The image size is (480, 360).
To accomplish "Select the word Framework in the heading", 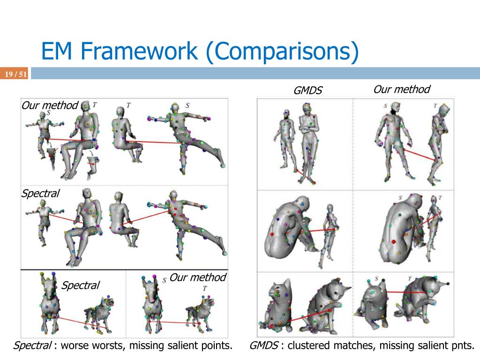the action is pyautogui.click(x=138, y=52).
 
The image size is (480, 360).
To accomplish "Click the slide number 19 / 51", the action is pyautogui.click(x=16, y=74).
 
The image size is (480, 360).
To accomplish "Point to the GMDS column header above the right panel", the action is pyautogui.click(x=308, y=90).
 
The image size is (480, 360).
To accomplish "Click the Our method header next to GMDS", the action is pyautogui.click(x=401, y=90).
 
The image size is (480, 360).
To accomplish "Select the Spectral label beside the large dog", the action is pyautogui.click(x=81, y=285).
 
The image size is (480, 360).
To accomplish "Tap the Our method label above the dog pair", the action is pyautogui.click(x=197, y=277).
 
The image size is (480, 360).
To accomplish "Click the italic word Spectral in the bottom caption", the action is pyautogui.click(x=32, y=346).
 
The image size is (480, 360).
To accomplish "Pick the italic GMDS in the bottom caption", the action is pyautogui.click(x=264, y=346).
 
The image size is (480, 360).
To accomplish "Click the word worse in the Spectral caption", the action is pyautogui.click(x=77, y=346).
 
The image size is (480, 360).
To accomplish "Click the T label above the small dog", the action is pyautogui.click(x=205, y=289).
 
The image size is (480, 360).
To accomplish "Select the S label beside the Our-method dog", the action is pyautogui.click(x=164, y=280).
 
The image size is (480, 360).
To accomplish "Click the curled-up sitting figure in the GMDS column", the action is pyautogui.click(x=284, y=230).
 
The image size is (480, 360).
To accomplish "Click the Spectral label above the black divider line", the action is pyautogui.click(x=40, y=193).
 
